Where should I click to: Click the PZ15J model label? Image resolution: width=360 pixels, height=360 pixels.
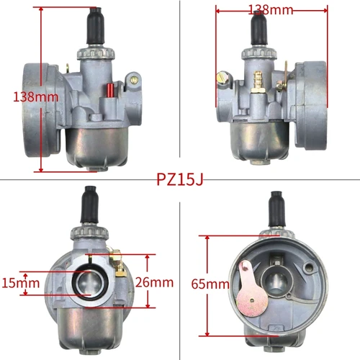pos(180,179)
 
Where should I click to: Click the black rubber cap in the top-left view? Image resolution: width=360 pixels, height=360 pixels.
pos(94,29)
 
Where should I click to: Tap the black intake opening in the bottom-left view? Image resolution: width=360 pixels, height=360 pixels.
pos(90,280)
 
